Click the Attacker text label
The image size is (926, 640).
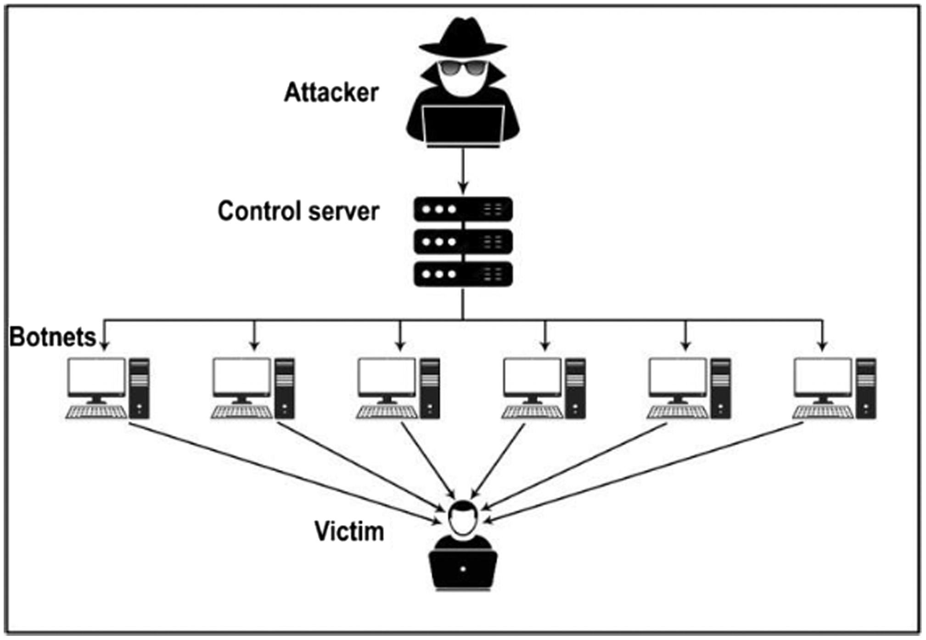[331, 93]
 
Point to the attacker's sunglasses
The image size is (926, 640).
[462, 68]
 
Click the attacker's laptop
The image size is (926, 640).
[463, 125]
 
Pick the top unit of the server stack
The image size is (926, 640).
[463, 210]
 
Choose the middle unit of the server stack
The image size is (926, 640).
[463, 242]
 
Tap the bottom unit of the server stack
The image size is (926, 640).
[463, 274]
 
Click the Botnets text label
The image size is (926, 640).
[52, 337]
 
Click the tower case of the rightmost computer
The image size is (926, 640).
[866, 388]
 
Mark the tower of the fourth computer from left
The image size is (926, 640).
[575, 388]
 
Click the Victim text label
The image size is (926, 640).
[349, 532]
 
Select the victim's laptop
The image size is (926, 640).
[463, 569]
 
